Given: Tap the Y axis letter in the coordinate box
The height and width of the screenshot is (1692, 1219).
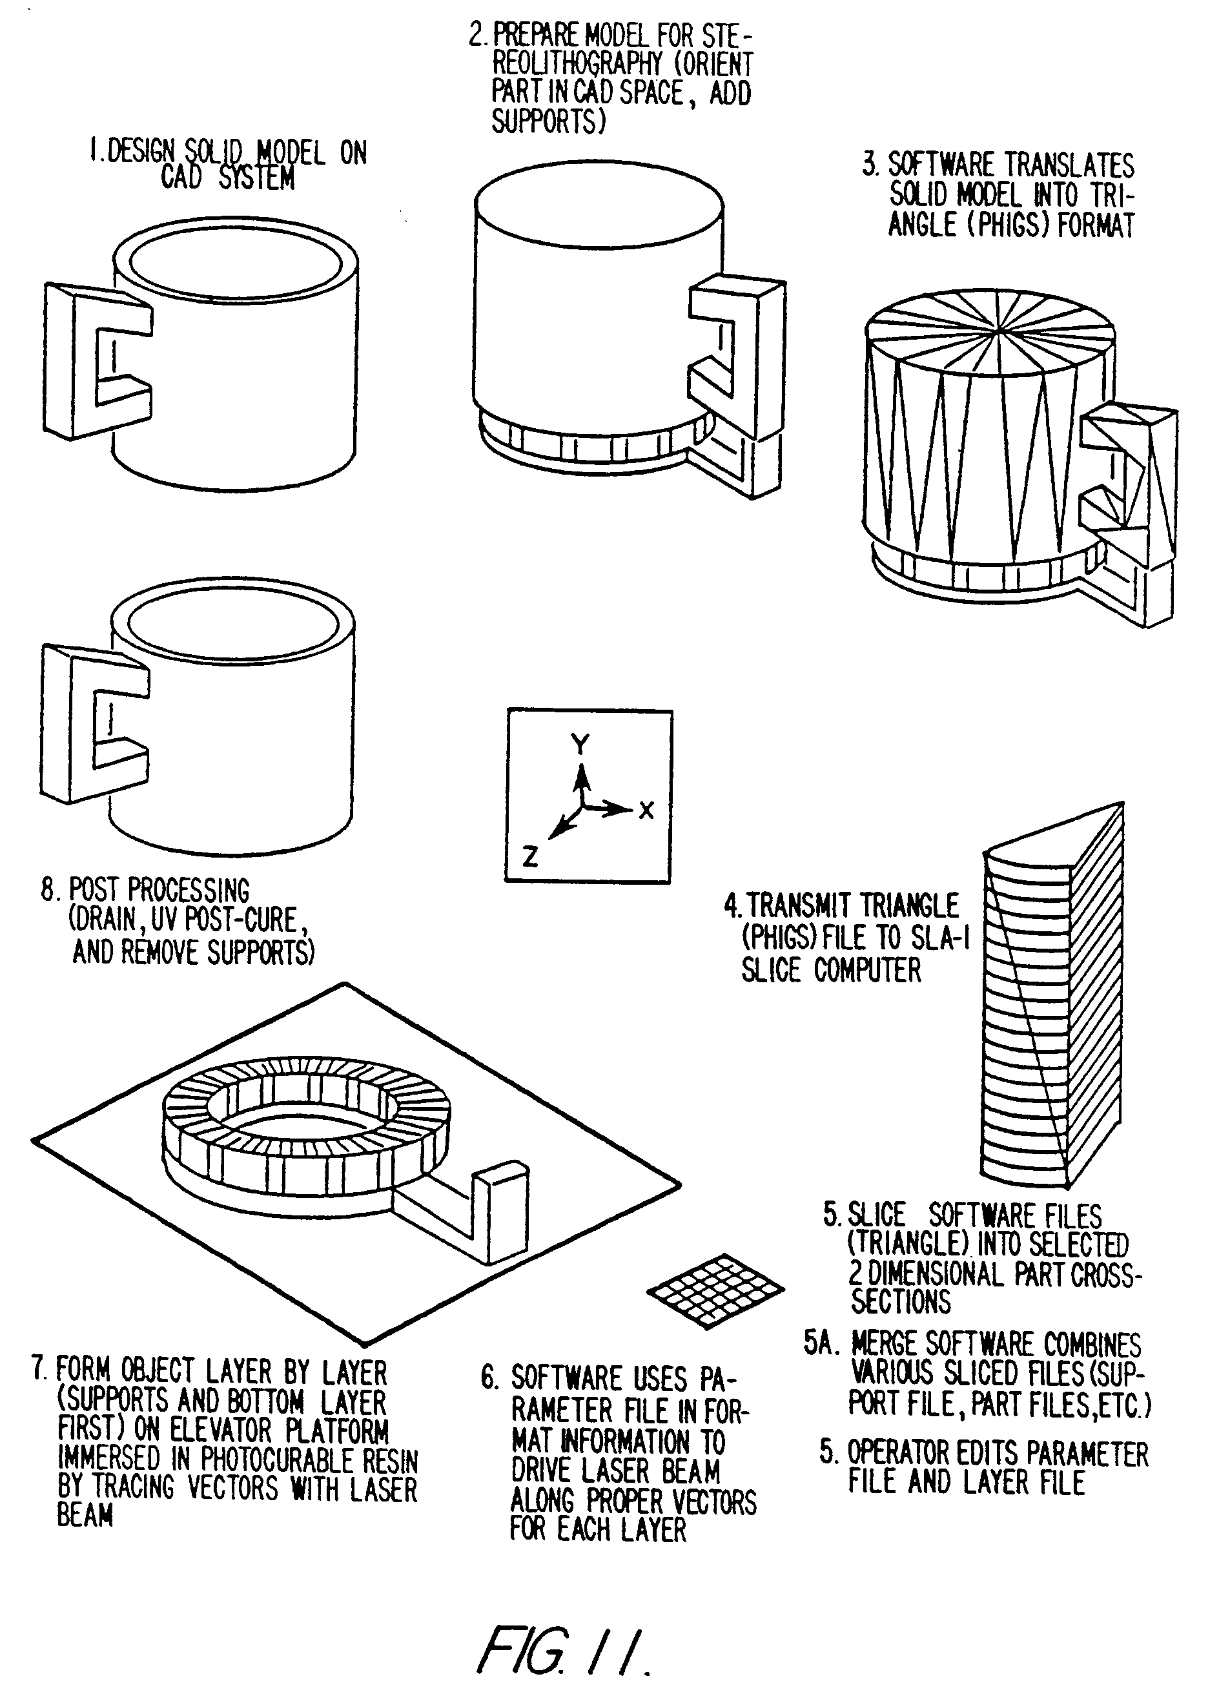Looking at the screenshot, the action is coord(580,744).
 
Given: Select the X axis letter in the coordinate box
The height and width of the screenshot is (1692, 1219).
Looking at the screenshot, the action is coord(646,810).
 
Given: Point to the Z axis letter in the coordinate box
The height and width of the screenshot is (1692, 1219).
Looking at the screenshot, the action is coord(529,856).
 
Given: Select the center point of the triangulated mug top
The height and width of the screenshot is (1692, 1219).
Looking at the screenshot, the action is coord(998,330).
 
